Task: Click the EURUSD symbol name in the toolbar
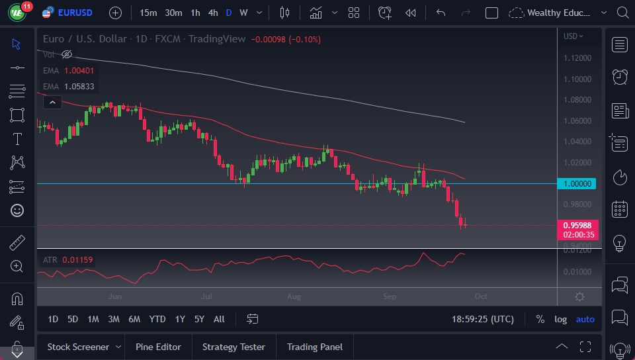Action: click(75, 13)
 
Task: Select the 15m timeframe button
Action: click(149, 13)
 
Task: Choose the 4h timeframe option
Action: click(213, 13)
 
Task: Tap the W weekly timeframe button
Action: click(243, 13)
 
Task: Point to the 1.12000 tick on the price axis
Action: click(578, 58)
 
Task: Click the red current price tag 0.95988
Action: click(578, 225)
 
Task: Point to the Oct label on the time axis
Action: click(481, 296)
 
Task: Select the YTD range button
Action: click(157, 319)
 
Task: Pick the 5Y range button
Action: click(199, 319)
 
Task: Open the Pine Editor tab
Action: click(159, 347)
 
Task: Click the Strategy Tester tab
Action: click(233, 347)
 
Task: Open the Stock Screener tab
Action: click(78, 347)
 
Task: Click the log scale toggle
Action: click(560, 319)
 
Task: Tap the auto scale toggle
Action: click(585, 319)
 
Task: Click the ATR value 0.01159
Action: click(79, 260)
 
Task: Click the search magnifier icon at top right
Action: click(621, 13)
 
